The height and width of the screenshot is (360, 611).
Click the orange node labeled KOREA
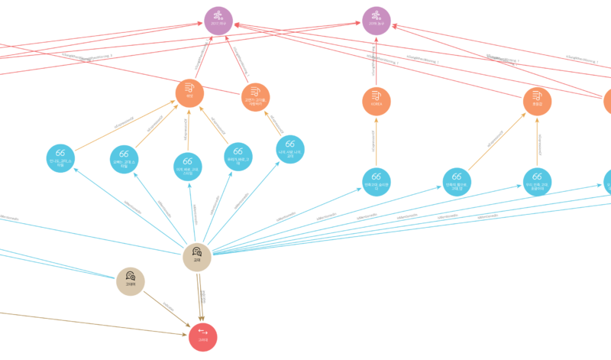pyautogui.click(x=376, y=101)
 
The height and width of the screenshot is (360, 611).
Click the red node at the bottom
pyautogui.click(x=202, y=337)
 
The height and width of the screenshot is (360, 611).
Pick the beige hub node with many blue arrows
pyautogui.click(x=196, y=257)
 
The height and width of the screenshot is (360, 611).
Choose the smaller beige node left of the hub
pyautogui.click(x=131, y=281)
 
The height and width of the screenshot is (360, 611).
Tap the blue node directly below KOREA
pyautogui.click(x=376, y=181)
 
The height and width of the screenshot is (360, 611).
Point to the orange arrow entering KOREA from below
pyautogui.click(x=376, y=141)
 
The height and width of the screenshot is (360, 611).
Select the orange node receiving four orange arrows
pyautogui.click(x=189, y=92)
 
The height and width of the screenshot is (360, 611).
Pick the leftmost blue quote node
pyautogui.click(x=60, y=158)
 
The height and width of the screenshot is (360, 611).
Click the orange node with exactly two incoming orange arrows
pyautogui.click(x=537, y=101)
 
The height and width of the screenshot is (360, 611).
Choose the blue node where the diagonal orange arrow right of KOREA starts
pyautogui.click(x=457, y=181)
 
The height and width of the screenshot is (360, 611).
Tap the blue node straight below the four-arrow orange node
pyautogui.click(x=188, y=167)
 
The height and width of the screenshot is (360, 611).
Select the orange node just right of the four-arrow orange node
pyautogui.click(x=255, y=97)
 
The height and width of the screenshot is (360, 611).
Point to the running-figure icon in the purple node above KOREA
pyautogui.click(x=376, y=15)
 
